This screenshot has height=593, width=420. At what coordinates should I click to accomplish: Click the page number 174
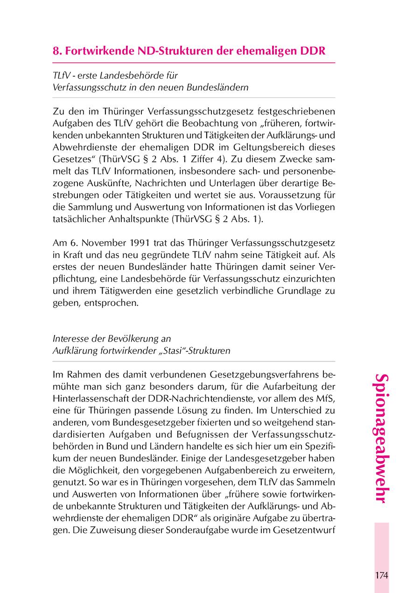(x=381, y=574)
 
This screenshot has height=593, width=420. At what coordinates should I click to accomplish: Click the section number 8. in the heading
(x=57, y=50)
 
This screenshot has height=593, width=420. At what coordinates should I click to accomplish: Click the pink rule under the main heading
(x=194, y=63)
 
